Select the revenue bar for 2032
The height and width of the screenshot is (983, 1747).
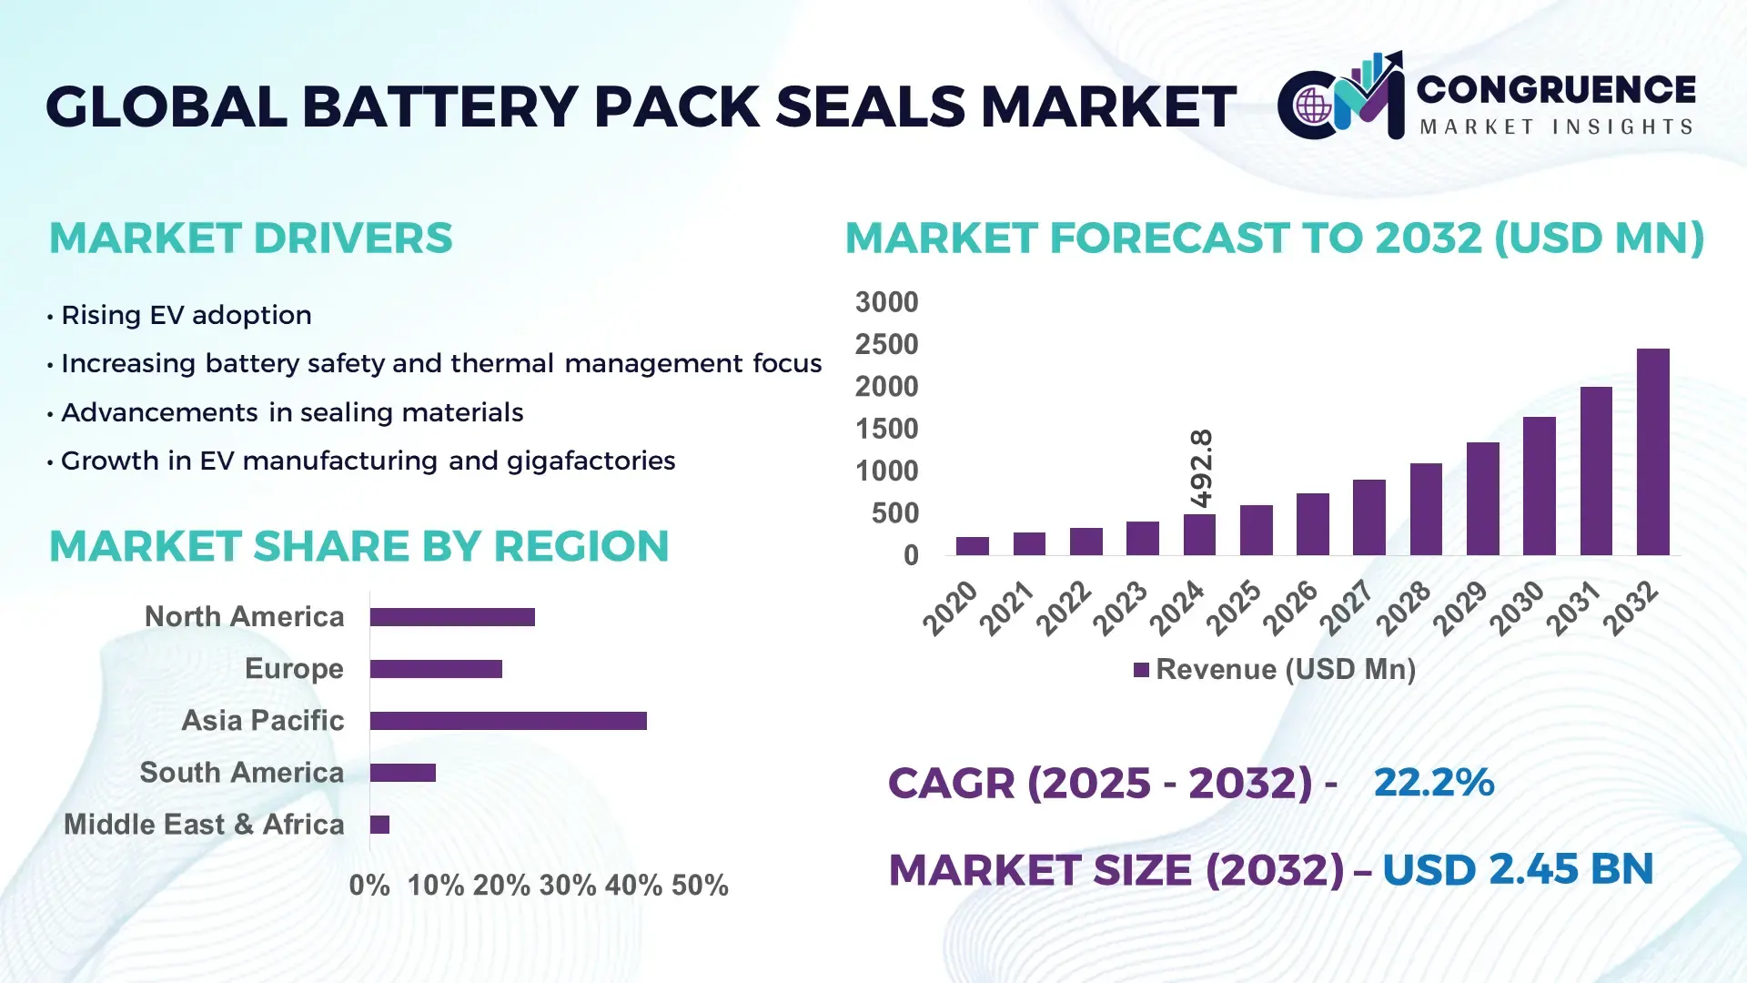click(1652, 452)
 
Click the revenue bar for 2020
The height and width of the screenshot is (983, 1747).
click(972, 546)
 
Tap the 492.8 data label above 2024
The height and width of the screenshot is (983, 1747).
click(1201, 468)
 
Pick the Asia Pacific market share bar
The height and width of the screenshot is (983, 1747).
click(508, 721)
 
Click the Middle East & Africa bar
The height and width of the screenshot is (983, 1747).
click(379, 825)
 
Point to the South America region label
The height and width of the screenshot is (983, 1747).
click(242, 773)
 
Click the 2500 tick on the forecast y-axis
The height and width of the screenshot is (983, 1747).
click(886, 345)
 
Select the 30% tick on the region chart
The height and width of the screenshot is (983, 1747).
click(567, 886)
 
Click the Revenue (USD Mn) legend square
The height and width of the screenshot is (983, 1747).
click(1141, 671)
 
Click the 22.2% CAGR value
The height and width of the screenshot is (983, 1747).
click(1433, 783)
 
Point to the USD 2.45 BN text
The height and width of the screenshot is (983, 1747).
click(1517, 870)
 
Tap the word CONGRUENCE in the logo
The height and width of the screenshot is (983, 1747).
click(1556, 90)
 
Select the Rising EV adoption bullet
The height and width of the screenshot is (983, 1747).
click(186, 316)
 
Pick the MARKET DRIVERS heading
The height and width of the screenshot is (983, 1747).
click(250, 238)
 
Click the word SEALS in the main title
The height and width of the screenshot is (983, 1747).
click(871, 106)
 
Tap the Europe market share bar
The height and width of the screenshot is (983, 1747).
click(436, 669)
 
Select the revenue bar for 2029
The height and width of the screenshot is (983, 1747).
click(1482, 499)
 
